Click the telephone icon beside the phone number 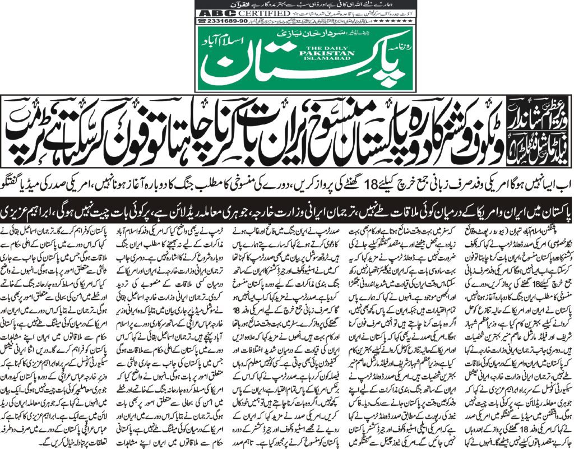pyautogui.click(x=201, y=21)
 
